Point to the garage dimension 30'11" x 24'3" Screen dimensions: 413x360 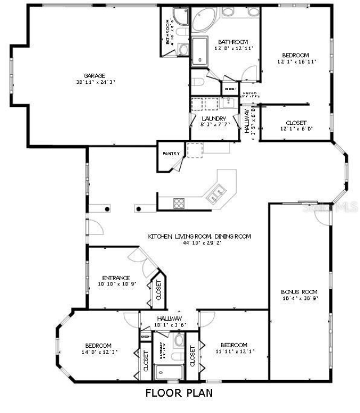point(95,82)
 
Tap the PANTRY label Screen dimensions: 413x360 point(170,153)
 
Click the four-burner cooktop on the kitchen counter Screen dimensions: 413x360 point(179,203)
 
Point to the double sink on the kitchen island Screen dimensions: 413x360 point(215,195)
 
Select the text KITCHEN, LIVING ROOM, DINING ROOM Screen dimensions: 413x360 point(199,236)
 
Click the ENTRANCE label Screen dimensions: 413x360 point(116,278)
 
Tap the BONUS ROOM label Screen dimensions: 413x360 point(299,291)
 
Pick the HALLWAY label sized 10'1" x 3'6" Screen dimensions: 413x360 point(169,318)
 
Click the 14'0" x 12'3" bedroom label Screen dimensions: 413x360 point(98,345)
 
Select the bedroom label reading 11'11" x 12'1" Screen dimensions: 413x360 point(233,345)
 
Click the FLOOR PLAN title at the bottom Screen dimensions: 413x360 point(179,393)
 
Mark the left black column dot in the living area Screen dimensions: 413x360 point(107,209)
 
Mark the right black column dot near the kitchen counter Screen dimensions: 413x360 point(138,209)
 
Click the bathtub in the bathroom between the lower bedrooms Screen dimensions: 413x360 point(168,372)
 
